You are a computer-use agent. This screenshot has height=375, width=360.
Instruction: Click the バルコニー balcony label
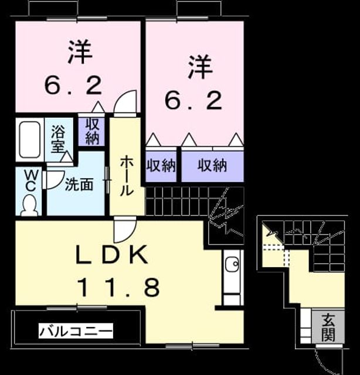click(x=76, y=331)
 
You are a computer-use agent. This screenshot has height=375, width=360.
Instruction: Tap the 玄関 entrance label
click(x=328, y=327)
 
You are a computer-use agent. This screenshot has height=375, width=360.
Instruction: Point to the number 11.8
click(x=119, y=287)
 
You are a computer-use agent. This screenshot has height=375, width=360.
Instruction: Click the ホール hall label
click(x=127, y=176)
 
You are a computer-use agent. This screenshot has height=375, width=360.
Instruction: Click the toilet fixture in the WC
click(x=29, y=204)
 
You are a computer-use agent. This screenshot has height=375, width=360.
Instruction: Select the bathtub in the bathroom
click(x=30, y=139)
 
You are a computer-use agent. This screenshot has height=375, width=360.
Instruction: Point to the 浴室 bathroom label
click(x=58, y=139)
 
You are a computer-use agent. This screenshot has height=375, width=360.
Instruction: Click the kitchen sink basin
click(x=232, y=264)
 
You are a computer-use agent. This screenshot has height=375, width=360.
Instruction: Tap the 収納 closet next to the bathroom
click(x=92, y=131)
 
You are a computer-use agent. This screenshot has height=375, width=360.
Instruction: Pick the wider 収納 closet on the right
click(x=212, y=165)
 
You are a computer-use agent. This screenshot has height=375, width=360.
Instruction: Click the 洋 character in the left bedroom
click(x=80, y=52)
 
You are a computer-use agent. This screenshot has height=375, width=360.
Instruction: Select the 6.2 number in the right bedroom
click(x=193, y=101)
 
